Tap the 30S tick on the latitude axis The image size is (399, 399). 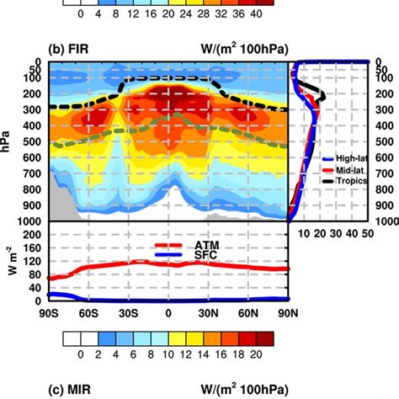[129, 313]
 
